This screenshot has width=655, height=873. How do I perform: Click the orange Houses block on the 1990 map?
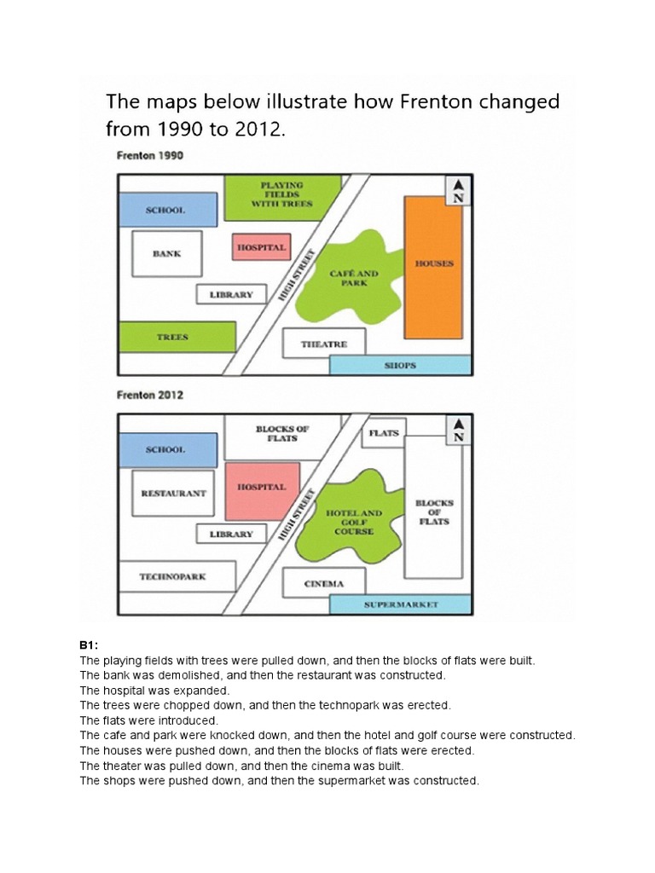pyautogui.click(x=434, y=265)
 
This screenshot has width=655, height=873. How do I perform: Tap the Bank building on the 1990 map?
pyautogui.click(x=167, y=253)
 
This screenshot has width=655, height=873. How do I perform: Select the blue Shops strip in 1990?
pyautogui.click(x=400, y=365)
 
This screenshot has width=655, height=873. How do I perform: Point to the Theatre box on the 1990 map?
pyautogui.click(x=324, y=344)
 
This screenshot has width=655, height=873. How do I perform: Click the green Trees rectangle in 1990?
pyautogui.click(x=177, y=337)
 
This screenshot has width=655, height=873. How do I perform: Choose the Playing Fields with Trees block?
pyautogui.click(x=282, y=197)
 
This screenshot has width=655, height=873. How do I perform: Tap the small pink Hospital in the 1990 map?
pyautogui.click(x=261, y=247)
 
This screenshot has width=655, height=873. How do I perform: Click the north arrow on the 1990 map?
pyautogui.click(x=458, y=190)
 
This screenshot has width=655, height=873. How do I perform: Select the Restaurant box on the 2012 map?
pyautogui.click(x=174, y=493)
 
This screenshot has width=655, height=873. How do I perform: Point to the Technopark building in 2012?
pyautogui.click(x=173, y=576)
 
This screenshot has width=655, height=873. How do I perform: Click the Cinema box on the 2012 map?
pyautogui.click(x=324, y=583)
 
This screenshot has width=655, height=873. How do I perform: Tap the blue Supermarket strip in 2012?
pyautogui.click(x=400, y=604)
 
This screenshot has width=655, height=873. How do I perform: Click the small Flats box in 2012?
pyautogui.click(x=384, y=433)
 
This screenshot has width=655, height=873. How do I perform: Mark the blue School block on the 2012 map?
pyautogui.click(x=167, y=449)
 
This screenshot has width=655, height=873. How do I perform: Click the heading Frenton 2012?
pyautogui.click(x=149, y=395)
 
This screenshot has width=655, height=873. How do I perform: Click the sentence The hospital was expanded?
pyautogui.click(x=154, y=690)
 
